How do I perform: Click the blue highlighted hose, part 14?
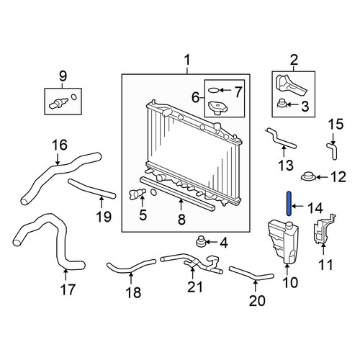coord(289,204)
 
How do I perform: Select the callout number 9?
coord(63,76)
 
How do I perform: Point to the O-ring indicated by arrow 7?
coord(213,90)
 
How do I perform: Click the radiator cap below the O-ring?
coord(217,109)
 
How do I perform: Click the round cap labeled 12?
coord(308,176)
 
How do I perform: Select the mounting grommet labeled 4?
coord(200,241)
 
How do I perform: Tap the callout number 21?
coord(195,287)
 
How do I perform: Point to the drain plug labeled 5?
coord(136,194)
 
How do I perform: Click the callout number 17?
coord(68,289)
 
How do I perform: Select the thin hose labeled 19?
coord(92,189)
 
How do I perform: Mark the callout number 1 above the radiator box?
coord(187,60)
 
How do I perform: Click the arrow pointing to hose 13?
coord(284,153)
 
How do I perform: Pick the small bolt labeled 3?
coord(281,104)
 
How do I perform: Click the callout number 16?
coord(60,145)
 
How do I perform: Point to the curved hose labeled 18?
coord(131,268)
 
